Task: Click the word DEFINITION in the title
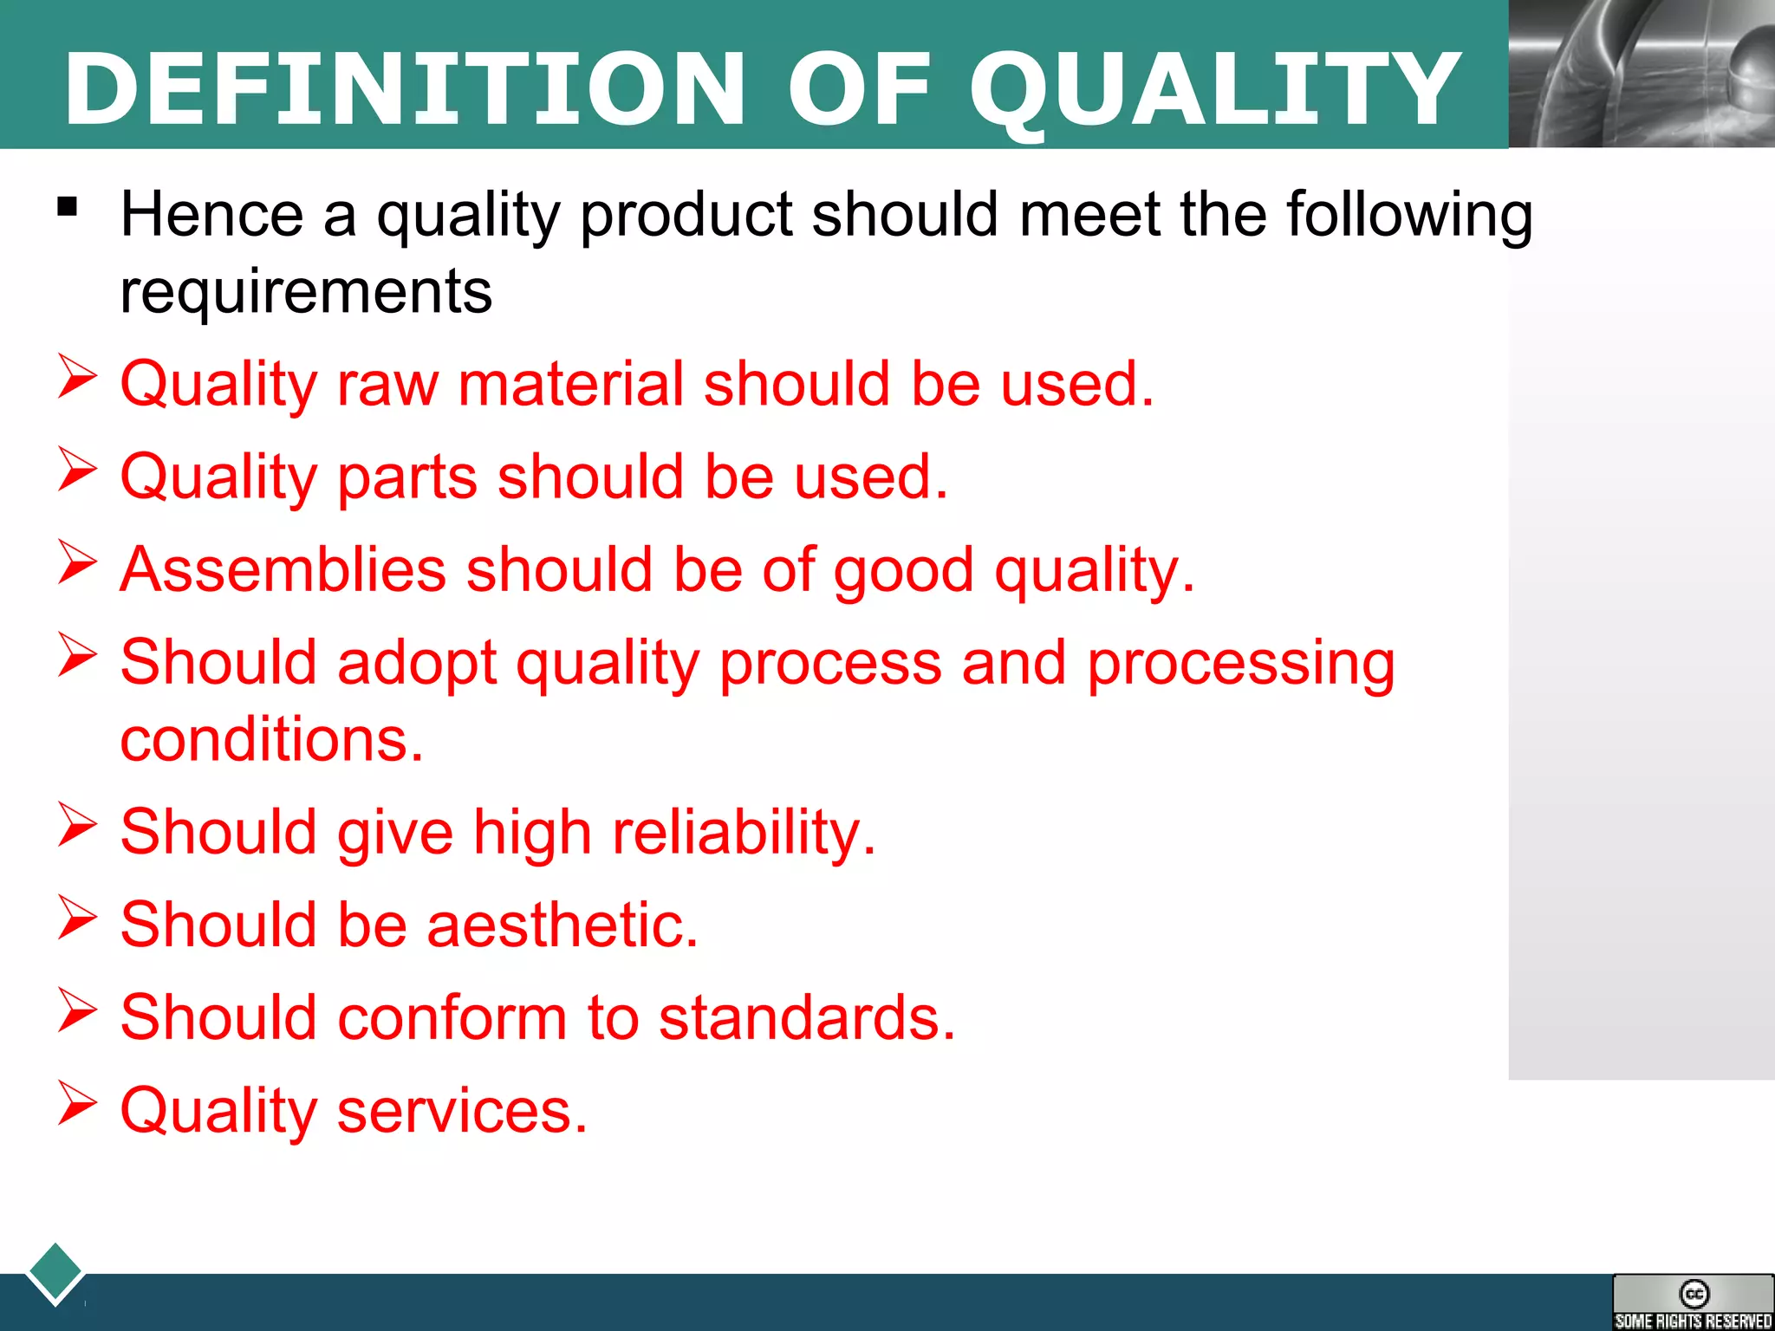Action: [x=404, y=88]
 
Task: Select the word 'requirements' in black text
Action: [x=306, y=291]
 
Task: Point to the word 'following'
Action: [x=1409, y=215]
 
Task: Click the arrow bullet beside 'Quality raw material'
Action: [x=77, y=377]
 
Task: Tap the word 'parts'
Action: [x=406, y=477]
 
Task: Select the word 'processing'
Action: [x=1241, y=664]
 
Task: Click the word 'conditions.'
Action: [x=271, y=740]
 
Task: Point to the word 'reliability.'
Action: [x=744, y=833]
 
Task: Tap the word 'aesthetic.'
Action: [x=562, y=925]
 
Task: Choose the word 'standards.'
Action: [x=807, y=1017]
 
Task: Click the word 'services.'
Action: [x=462, y=1111]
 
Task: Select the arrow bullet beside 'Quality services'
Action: [x=77, y=1104]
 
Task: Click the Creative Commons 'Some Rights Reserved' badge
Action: [x=1693, y=1302]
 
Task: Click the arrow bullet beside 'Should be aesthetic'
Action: [x=77, y=918]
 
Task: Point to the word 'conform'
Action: [x=452, y=1017]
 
